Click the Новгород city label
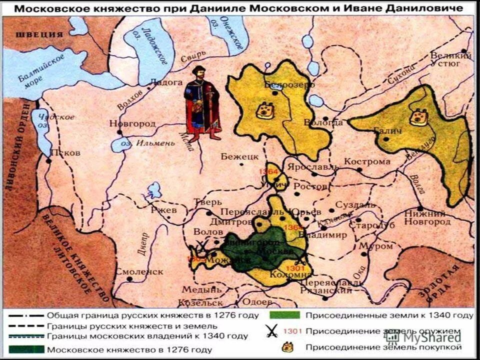click(x=134, y=124)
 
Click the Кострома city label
click(x=367, y=161)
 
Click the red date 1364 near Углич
click(x=268, y=171)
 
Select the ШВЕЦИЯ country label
click(x=39, y=34)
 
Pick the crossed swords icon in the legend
click(x=272, y=331)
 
